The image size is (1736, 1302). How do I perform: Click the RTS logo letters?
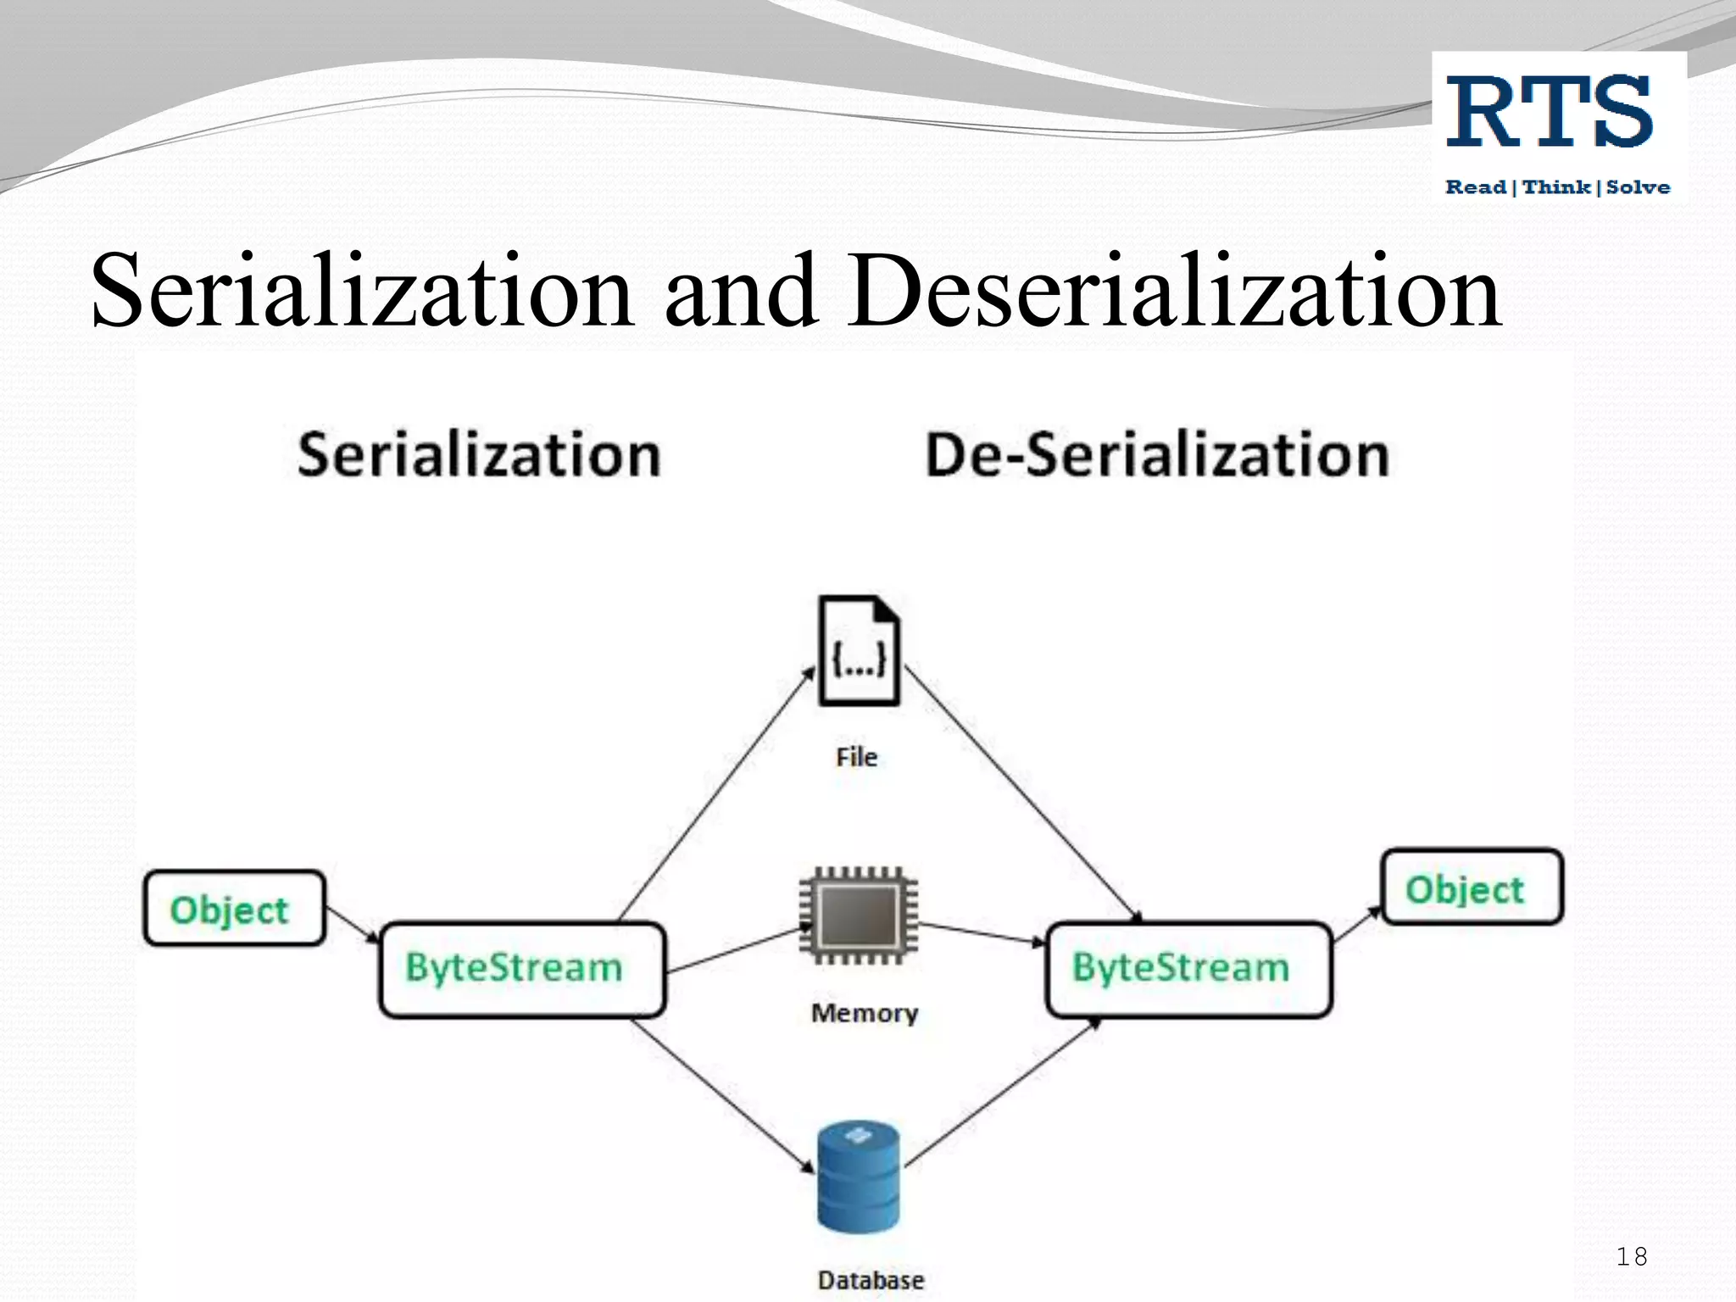point(1550,112)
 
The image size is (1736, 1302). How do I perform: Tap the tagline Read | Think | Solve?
point(1557,187)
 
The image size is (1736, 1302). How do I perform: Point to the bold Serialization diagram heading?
point(479,455)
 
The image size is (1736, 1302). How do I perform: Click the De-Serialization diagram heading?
point(1157,455)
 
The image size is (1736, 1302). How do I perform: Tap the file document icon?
point(859,651)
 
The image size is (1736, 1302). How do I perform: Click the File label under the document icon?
point(856,757)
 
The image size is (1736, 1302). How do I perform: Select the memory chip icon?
point(859,915)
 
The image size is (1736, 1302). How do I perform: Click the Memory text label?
point(865,1013)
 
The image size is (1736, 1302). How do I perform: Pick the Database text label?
point(871,1280)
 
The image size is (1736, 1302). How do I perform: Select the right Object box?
point(1472,887)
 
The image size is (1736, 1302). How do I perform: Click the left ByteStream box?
point(521,969)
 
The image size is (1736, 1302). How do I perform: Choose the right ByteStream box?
point(1188,969)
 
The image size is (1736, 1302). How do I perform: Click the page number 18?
point(1631,1256)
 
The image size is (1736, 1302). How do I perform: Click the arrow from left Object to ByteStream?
point(352,924)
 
